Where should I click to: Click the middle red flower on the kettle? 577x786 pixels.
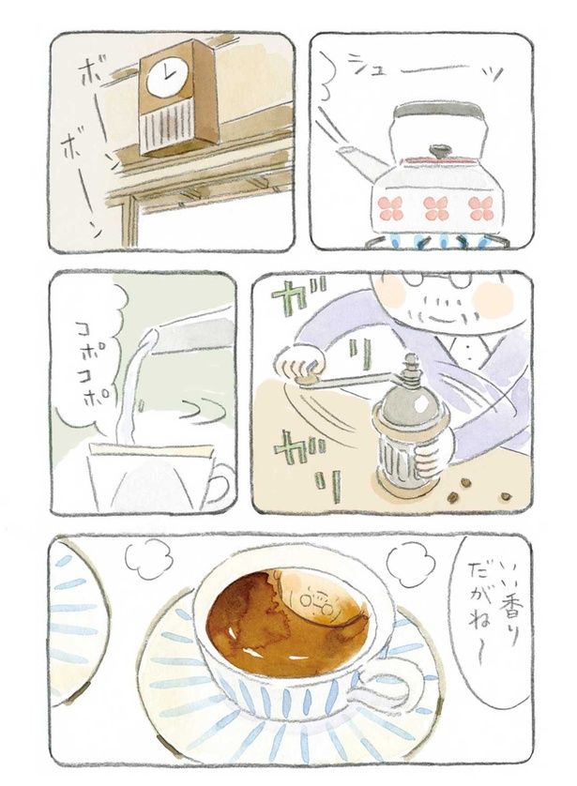[434, 207]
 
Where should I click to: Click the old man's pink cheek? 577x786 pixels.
[492, 299]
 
